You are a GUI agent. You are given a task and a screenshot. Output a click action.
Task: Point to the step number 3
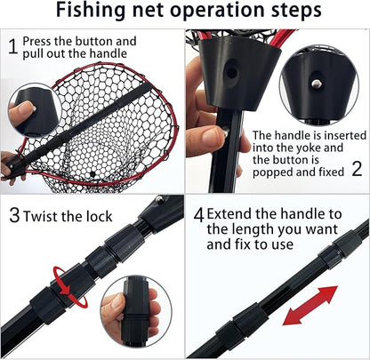pos(13,214)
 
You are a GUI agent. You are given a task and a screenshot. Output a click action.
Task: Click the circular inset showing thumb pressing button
pos(35,109)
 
